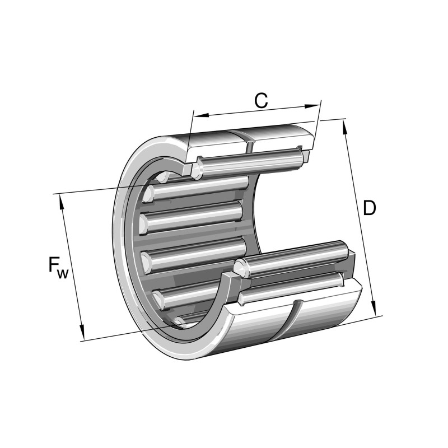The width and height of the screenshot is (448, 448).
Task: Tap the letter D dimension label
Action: tap(369, 208)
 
